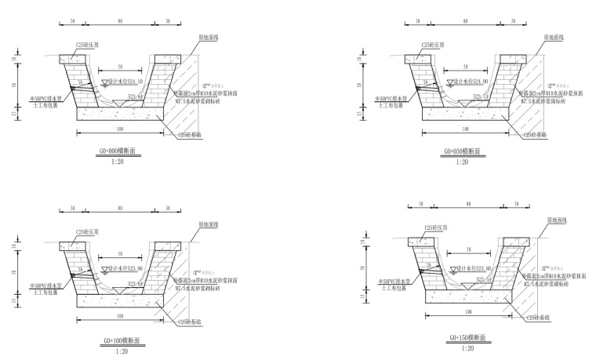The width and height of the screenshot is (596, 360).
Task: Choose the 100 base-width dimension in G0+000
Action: click(120, 129)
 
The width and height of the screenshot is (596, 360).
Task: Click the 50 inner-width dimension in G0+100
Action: click(120, 254)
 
